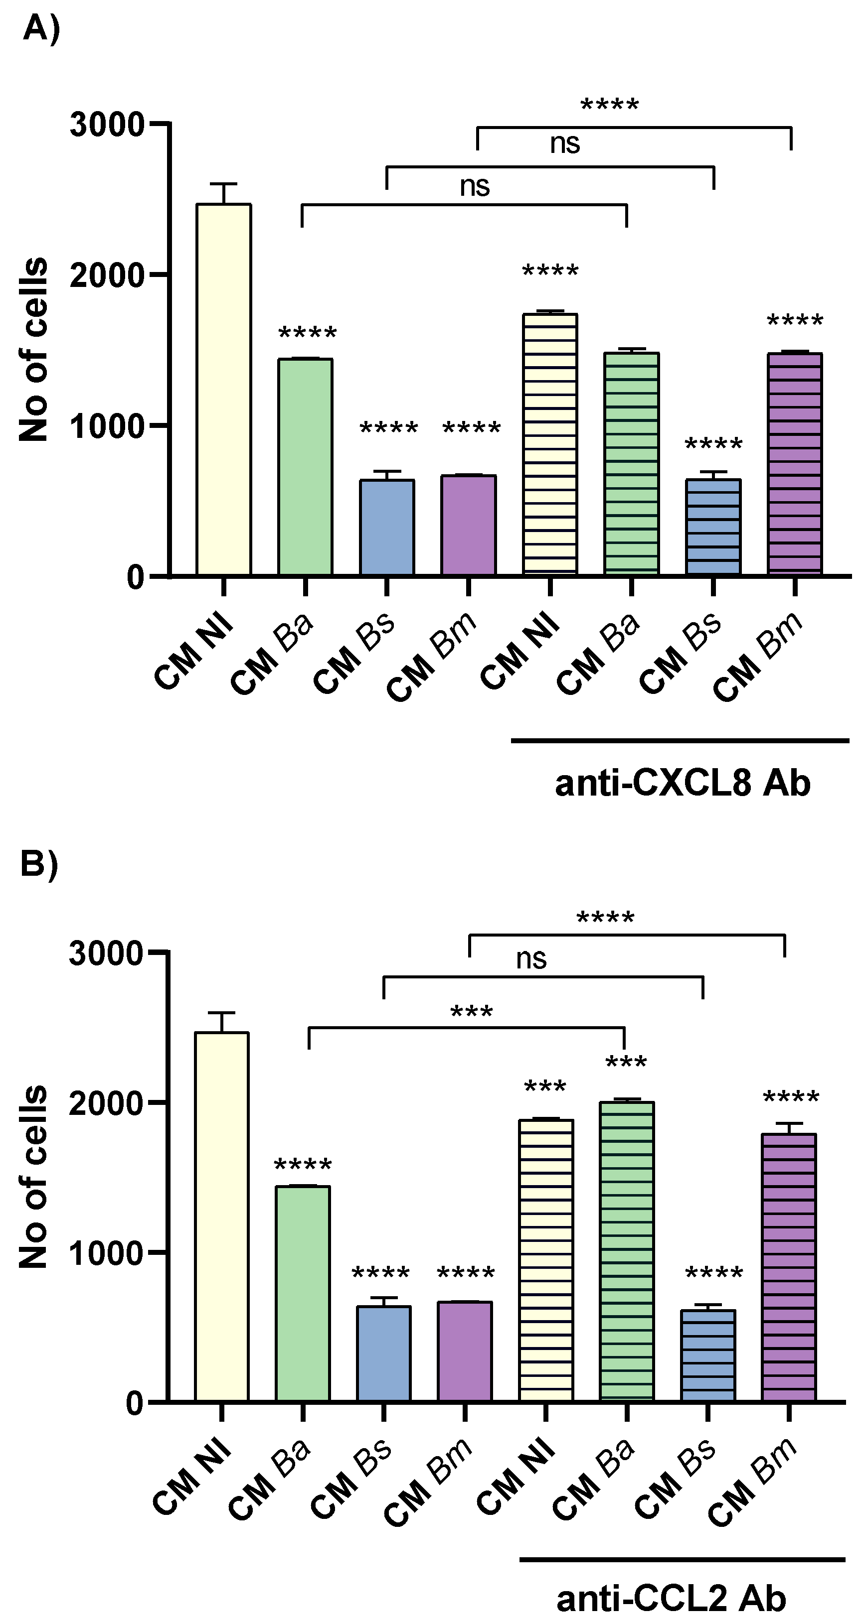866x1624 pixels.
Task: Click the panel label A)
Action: [41, 28]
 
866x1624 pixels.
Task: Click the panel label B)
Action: [39, 864]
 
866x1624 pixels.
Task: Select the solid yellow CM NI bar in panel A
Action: [223, 391]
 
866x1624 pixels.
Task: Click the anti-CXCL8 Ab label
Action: [683, 784]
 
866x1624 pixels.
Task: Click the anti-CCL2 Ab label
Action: [671, 1598]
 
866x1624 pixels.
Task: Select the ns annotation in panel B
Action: [531, 959]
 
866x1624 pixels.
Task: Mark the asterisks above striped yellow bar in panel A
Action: [550, 273]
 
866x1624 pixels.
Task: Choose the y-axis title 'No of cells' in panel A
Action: [33, 350]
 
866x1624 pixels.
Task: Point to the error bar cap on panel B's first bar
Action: [221, 1013]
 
